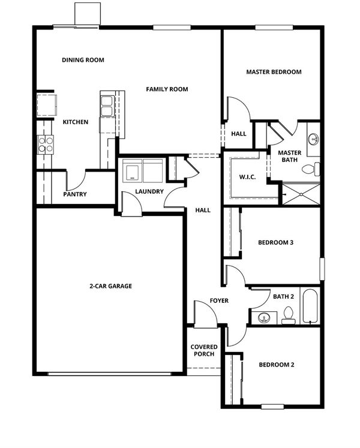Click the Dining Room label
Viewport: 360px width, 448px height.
tap(83, 60)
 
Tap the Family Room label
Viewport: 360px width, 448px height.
tap(167, 89)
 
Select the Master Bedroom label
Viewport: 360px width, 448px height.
tap(274, 72)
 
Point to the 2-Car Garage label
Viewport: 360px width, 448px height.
tap(110, 286)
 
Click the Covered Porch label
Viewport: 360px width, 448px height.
tap(204, 350)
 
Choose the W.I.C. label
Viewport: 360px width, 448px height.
tap(247, 177)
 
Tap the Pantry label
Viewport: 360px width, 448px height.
tap(75, 194)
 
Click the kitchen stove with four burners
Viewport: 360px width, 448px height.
tap(46, 145)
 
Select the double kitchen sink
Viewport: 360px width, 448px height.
tap(107, 106)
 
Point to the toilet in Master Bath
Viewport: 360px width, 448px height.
tap(311, 169)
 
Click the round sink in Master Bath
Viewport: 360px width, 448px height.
tap(314, 139)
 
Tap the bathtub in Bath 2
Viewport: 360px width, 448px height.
tap(310, 306)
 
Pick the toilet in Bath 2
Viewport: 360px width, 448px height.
tap(288, 315)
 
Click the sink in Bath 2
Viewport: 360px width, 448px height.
tap(264, 318)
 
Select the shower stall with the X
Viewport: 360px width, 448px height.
tap(301, 194)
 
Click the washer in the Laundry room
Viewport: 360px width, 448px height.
tap(133, 171)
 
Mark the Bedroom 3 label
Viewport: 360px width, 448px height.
tap(275, 242)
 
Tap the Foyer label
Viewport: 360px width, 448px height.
tap(219, 301)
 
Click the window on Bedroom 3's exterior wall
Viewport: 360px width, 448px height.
tap(322, 269)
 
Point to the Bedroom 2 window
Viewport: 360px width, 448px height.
tap(272, 406)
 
